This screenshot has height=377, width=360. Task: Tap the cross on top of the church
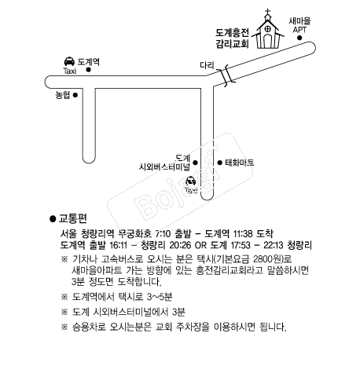coord(267,12)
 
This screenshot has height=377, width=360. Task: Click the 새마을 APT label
coord(299,25)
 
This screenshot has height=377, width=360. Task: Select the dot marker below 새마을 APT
coord(299,38)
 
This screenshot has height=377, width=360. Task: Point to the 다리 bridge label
coord(207,65)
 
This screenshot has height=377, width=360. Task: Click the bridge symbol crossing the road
coord(226,75)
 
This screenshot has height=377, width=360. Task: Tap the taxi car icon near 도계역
coord(69,61)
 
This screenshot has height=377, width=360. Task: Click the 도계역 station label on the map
coord(89,62)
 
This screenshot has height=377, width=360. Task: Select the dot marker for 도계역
coord(89,70)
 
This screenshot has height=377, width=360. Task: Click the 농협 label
coord(63,95)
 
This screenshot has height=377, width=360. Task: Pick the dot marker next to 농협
coord(75,95)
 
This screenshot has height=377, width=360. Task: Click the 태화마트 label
coord(240,163)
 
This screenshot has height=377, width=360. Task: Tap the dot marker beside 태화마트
coord(220,163)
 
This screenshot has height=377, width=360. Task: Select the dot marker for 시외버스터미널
coord(195,163)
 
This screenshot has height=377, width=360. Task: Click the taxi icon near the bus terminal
coord(191,181)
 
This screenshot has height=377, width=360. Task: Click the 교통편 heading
coord(72,218)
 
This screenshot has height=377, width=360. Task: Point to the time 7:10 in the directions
coord(163,233)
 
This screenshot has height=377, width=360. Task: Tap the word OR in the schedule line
coord(200,245)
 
